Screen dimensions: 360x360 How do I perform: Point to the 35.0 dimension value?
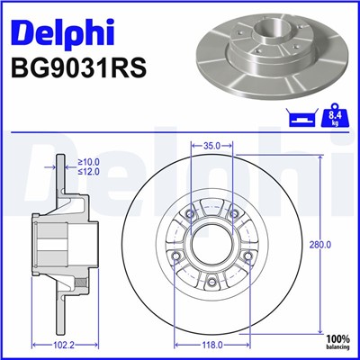point(212,144)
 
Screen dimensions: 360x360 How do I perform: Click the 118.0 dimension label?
point(212,344)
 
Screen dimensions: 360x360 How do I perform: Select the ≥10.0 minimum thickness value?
point(88,162)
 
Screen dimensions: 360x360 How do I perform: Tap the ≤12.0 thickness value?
point(88,171)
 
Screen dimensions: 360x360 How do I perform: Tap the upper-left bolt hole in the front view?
point(190,213)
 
